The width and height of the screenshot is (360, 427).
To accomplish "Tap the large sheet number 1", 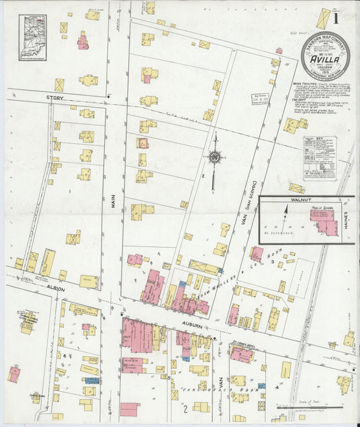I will click(335, 18).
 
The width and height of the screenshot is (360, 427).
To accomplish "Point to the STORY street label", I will click(55, 97).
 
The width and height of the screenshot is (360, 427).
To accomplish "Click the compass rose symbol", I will click(214, 158).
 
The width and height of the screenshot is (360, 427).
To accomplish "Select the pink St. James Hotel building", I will click(241, 354).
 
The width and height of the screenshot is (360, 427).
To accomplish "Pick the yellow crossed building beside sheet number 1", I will click(323, 19).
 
